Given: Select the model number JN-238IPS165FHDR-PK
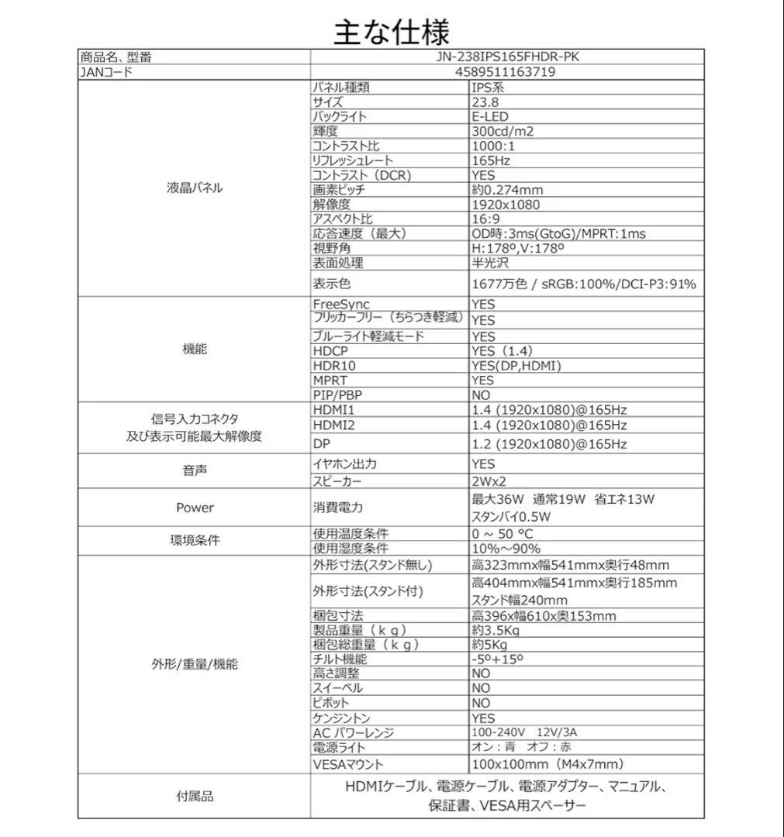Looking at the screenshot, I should [x=503, y=57].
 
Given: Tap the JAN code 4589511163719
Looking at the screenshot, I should [x=503, y=72].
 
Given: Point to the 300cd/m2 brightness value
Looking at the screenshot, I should [x=503, y=131].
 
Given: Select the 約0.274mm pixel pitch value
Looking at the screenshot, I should [x=507, y=190].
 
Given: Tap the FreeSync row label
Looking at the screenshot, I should [x=341, y=305].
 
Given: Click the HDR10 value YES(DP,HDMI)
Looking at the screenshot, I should [x=516, y=365].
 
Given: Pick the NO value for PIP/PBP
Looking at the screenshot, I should [x=482, y=394].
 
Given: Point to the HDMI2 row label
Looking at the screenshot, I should [x=333, y=425].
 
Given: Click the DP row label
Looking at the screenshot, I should [x=322, y=444].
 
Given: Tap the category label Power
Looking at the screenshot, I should [x=195, y=508].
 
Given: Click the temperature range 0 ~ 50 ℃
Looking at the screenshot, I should [x=503, y=534].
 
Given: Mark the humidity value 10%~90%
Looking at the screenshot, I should [x=506, y=549].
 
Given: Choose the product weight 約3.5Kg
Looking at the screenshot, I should [x=495, y=630].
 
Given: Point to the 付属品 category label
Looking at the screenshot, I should [x=195, y=796].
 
